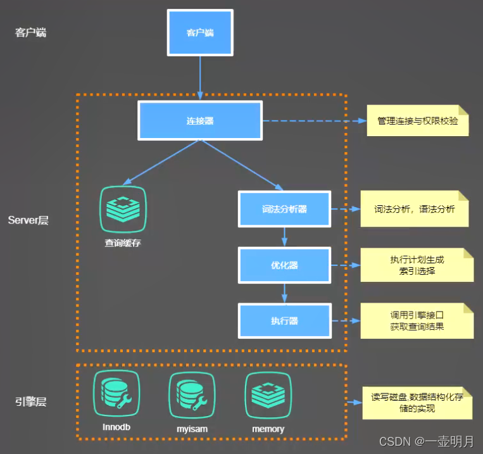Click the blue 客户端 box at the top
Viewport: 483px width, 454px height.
tap(200, 32)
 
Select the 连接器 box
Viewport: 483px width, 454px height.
tap(200, 120)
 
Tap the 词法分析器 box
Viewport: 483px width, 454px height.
tap(284, 209)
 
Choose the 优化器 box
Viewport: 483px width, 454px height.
tap(284, 265)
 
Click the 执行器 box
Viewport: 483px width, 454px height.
tap(284, 320)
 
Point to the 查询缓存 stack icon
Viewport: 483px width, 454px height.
tap(123, 208)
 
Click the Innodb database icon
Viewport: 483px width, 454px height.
tap(116, 395)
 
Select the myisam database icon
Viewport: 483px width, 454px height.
tap(192, 395)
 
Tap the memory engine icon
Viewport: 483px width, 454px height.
tap(268, 395)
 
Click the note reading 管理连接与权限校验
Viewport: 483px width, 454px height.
tap(417, 120)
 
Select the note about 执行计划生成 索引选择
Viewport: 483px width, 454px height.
tap(417, 265)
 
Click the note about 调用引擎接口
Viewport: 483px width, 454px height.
tap(417, 320)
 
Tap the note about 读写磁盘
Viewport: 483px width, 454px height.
tap(417, 403)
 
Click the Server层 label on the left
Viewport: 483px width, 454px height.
tap(28, 220)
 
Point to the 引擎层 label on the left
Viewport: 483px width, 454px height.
tap(30, 401)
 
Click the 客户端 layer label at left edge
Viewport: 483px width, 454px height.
tap(30, 32)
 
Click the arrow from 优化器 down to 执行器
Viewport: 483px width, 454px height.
tap(284, 293)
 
